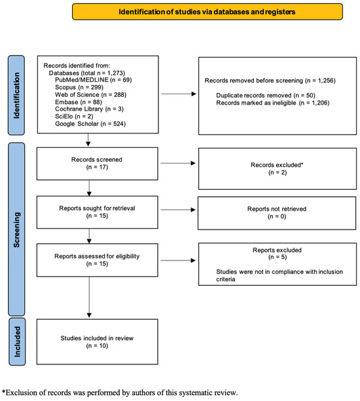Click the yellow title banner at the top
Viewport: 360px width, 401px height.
pos(207,12)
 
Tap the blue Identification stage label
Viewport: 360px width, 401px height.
pos(16,95)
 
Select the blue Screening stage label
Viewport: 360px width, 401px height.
pos(16,229)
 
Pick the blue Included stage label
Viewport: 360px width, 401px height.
pos(17,341)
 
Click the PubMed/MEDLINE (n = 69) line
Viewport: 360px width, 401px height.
pos(94,80)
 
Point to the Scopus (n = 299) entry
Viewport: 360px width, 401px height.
pos(79,87)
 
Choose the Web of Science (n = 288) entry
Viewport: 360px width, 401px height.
pos(90,95)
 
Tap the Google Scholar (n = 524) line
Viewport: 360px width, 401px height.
pos(90,124)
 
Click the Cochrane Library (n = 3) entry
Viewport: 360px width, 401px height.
pos(89,109)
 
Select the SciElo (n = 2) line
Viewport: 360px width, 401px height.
pos(74,116)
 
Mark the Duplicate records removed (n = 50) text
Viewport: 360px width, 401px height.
pos(266,96)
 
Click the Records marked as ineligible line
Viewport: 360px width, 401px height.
pos(273,103)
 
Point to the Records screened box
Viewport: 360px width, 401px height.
pos(98,164)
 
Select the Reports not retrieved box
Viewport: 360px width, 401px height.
pos(277,213)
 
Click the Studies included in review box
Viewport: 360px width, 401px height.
pos(98,341)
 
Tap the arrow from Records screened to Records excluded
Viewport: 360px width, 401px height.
pos(178,163)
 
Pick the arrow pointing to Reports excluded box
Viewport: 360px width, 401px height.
pos(178,260)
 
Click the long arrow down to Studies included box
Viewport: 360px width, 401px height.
pos(89,297)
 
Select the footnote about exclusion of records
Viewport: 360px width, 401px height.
pos(120,392)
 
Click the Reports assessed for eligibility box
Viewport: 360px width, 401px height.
pos(98,260)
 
